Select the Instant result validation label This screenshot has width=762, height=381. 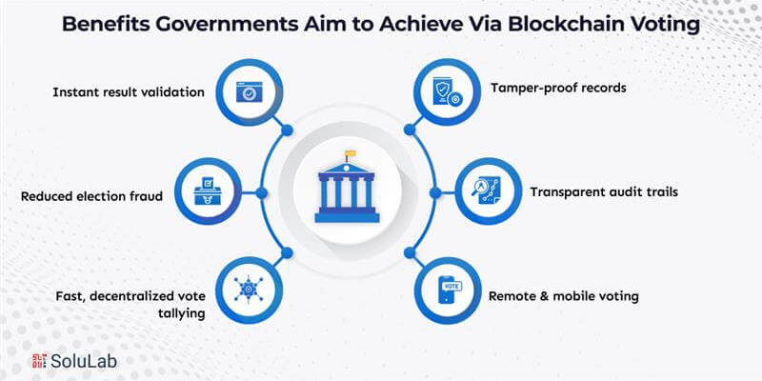tap(129, 91)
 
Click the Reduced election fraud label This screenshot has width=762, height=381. tap(91, 196)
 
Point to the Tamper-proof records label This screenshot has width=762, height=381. tap(558, 88)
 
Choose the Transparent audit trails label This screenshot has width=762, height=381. tap(604, 192)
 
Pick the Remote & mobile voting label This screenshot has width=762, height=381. tap(563, 296)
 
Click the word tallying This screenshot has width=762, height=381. tap(181, 313)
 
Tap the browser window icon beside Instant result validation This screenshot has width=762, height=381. tap(250, 91)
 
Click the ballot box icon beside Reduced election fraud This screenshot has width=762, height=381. tap(208, 191)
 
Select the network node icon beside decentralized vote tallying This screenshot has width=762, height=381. tap(249, 290)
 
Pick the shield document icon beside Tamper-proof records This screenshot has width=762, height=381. tap(448, 92)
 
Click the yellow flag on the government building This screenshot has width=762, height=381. tap(351, 153)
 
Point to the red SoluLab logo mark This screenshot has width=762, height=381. tap(39, 361)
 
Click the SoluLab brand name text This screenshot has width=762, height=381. tap(84, 361)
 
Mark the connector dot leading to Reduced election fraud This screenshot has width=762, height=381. tap(261, 193)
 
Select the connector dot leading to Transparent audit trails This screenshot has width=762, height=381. tap(435, 193)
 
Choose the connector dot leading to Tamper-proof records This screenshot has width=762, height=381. tap(410, 130)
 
